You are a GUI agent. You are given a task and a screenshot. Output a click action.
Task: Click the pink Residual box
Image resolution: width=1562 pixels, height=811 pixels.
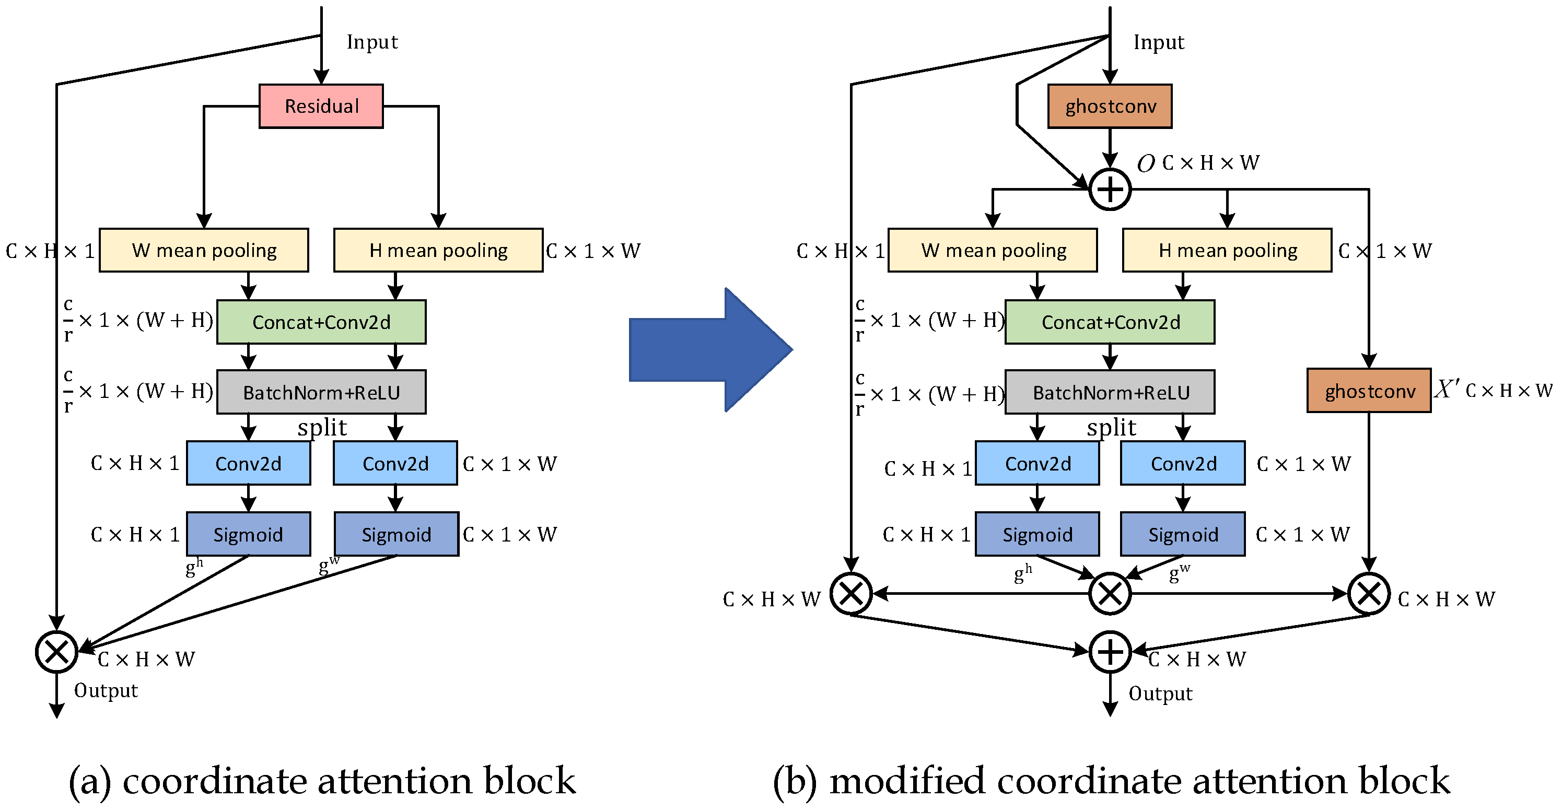pos(321,106)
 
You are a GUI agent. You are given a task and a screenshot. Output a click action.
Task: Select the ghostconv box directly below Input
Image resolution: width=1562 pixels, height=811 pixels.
pos(1110,106)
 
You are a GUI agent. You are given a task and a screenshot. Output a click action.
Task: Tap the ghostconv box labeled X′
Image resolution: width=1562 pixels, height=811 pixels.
pos(1369,391)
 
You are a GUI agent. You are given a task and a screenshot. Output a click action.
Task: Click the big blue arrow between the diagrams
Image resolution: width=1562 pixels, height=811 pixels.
pos(709,350)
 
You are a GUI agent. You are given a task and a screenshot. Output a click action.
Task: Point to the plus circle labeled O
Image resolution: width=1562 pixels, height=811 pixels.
pos(1110,190)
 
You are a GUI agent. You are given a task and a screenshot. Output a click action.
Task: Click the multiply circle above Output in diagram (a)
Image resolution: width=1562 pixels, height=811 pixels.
pos(56,652)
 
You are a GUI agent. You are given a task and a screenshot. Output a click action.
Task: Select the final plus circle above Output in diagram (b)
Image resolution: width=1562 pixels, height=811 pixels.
pos(1110,652)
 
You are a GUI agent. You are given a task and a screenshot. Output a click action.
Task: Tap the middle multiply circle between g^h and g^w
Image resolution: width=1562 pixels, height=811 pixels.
pos(1110,593)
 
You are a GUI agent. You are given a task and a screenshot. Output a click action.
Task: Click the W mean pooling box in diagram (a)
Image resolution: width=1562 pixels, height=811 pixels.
pos(204,250)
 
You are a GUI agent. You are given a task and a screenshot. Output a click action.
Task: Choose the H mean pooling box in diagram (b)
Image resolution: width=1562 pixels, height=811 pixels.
pos(1227,250)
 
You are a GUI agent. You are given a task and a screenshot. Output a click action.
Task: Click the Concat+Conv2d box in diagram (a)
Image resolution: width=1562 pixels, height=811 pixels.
pos(321,322)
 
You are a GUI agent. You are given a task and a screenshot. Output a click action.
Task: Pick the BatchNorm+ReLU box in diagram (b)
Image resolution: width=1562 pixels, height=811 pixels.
pos(1110,392)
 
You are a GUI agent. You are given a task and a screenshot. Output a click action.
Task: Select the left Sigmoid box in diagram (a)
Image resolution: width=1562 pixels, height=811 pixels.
pos(248,534)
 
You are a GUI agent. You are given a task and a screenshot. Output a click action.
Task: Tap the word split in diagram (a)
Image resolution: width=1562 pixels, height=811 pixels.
pos(322,428)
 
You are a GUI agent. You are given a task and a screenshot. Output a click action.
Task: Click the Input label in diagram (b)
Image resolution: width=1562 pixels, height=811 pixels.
pos(1158,42)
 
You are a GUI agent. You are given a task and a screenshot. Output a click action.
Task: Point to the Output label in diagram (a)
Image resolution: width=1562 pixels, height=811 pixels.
pos(106,690)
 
